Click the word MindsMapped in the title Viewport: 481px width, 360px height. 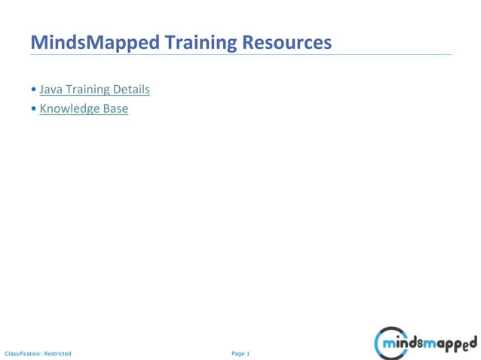[95, 42]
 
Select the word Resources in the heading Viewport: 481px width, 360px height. [287, 42]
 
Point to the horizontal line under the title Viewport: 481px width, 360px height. [241, 54]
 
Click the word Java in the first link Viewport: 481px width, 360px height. [51, 90]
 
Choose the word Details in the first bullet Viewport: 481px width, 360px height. [131, 90]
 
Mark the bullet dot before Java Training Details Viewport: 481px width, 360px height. [33, 90]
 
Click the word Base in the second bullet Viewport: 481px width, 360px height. [118, 109]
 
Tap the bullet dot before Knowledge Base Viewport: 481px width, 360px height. [33, 109]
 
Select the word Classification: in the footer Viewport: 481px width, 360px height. [23, 353]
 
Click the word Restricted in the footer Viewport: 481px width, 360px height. [58, 353]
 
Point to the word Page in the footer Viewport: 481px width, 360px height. [237, 353]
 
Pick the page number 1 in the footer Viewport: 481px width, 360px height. [248, 353]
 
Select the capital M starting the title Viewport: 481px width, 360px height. [38, 42]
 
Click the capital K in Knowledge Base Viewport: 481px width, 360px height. [44, 109]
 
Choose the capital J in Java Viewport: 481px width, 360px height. [42, 90]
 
